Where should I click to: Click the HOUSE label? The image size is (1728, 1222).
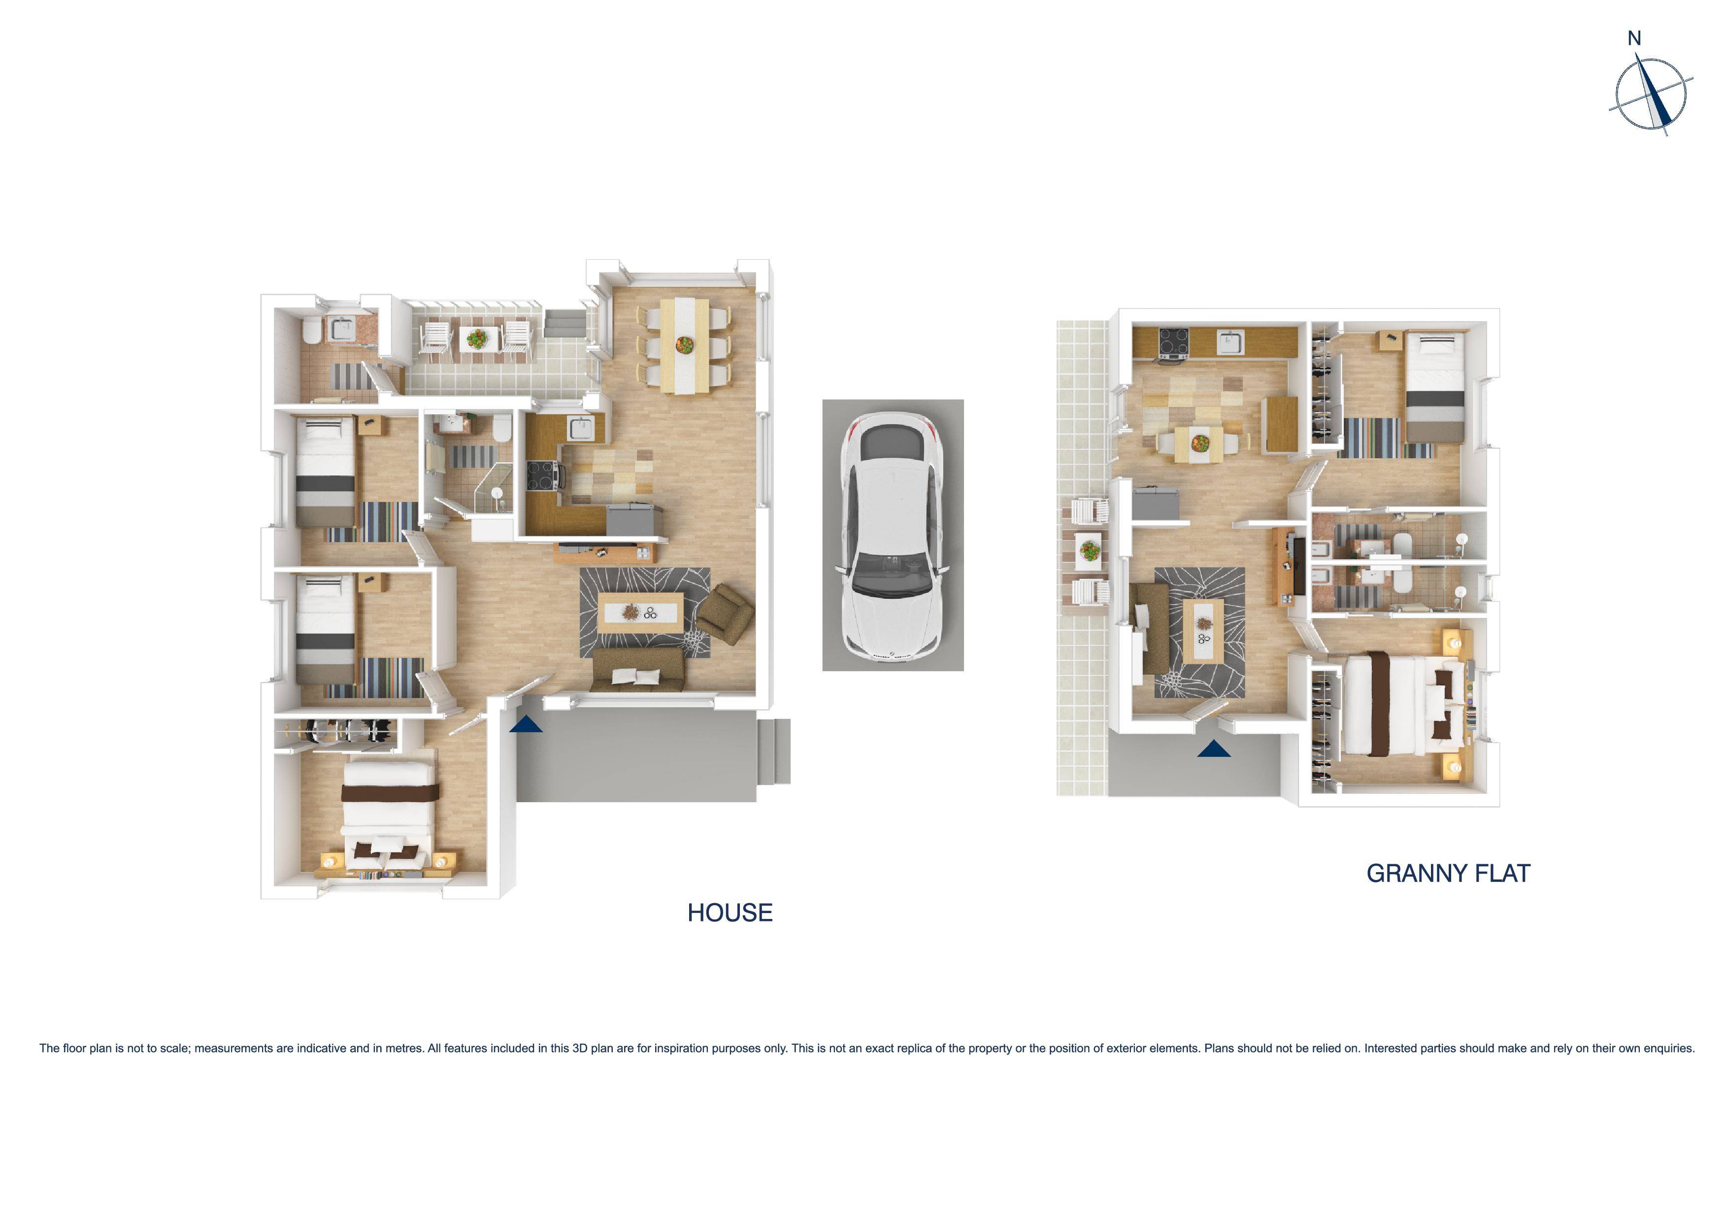(x=730, y=913)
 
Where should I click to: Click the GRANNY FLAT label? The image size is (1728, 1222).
(x=1448, y=874)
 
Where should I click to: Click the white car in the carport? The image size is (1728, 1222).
(x=893, y=536)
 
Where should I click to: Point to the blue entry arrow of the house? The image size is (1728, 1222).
(x=525, y=724)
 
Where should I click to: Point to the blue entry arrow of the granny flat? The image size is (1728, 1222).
(x=1213, y=748)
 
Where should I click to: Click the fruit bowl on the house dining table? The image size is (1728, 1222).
(x=684, y=345)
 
